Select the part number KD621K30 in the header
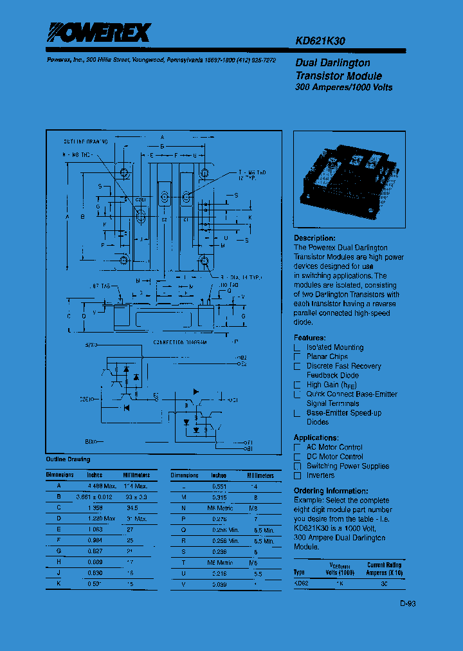[x=320, y=41]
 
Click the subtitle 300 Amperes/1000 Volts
[x=343, y=87]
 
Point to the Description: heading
[x=314, y=238]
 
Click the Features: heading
[x=309, y=338]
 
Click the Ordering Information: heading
[x=331, y=491]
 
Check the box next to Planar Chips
[x=297, y=356]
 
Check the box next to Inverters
[x=297, y=475]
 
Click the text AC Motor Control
[x=334, y=447]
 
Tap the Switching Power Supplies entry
[x=347, y=466]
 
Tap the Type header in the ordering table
[x=299, y=571]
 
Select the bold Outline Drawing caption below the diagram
[x=68, y=459]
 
